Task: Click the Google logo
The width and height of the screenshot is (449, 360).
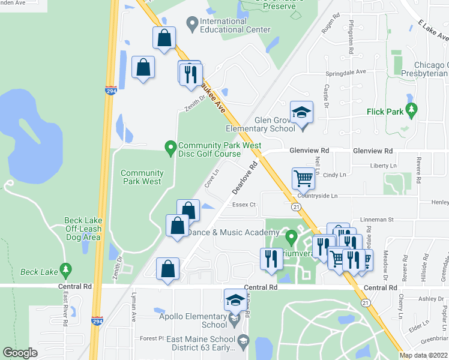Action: (x=20, y=353)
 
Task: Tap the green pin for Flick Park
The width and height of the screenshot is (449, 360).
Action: (x=411, y=110)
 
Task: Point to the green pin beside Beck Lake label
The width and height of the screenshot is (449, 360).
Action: (x=66, y=271)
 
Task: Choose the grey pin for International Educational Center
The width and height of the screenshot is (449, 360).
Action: (x=192, y=25)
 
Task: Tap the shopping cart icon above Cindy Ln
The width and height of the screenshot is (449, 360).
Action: (x=303, y=178)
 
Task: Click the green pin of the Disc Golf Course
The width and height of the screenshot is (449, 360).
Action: (x=170, y=146)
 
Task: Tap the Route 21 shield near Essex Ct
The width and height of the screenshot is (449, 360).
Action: (x=297, y=206)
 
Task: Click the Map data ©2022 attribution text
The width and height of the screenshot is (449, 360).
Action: (x=424, y=355)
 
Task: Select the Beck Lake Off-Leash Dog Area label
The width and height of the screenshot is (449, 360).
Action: (x=83, y=229)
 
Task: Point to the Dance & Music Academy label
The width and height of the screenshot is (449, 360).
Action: (x=225, y=232)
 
